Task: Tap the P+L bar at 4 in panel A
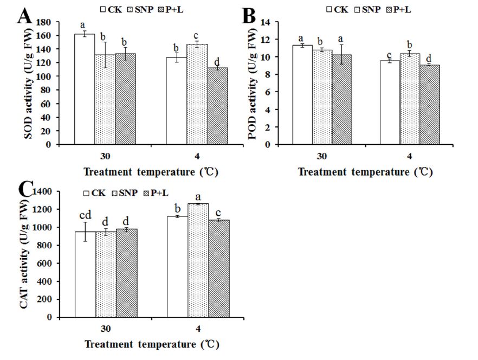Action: coord(218,106)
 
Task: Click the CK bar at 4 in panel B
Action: coord(389,102)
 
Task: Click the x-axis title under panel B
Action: coord(365,172)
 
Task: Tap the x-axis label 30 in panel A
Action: coord(106,156)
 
